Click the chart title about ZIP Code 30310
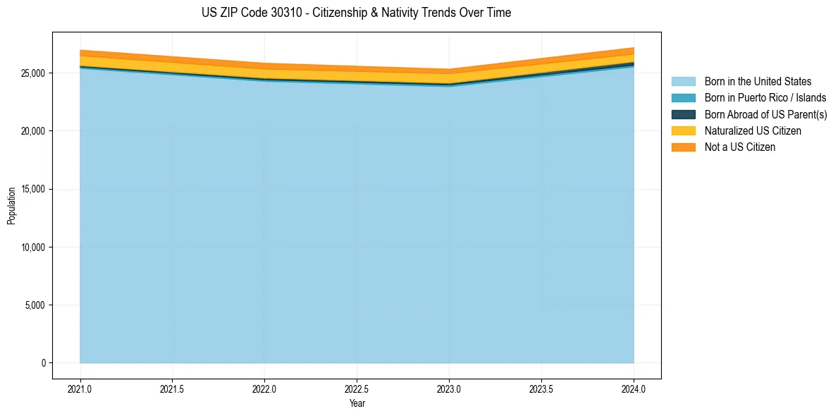(356, 13)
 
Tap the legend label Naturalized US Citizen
(753, 130)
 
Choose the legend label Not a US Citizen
(740, 147)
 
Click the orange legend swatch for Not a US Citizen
(683, 147)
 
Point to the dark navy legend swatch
(683, 114)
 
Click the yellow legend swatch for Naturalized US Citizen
(683, 130)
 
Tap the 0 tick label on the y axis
(44, 363)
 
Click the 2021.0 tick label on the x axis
(80, 389)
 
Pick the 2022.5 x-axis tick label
(357, 389)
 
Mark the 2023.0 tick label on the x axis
(449, 389)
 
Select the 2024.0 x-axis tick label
(634, 389)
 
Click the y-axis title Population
(11, 206)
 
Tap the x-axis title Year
(357, 403)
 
